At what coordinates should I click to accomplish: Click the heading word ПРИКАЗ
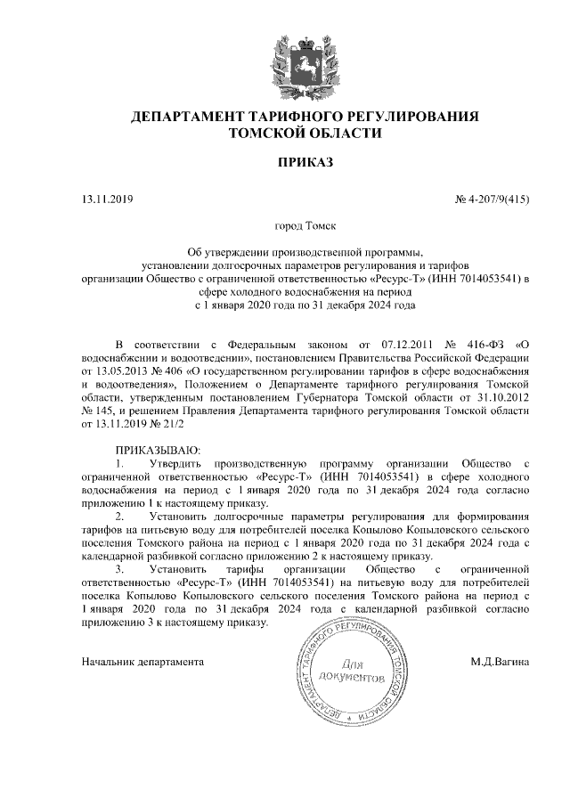click(x=305, y=164)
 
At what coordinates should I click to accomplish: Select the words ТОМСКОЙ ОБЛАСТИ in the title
click(x=305, y=134)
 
